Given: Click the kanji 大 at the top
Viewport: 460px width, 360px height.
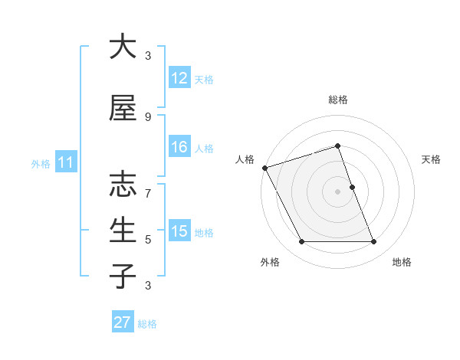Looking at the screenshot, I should [x=123, y=47].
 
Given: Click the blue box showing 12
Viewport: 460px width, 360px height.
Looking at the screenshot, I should [x=179, y=78].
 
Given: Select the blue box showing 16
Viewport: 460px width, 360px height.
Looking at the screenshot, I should [x=179, y=147].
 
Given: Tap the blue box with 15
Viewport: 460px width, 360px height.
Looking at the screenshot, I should [x=179, y=231].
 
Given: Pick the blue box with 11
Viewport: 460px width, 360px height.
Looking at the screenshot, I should [x=65, y=162].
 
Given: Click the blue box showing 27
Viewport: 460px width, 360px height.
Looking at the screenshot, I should [x=123, y=322].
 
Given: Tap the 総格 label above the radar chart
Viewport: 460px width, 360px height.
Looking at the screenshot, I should [x=338, y=100].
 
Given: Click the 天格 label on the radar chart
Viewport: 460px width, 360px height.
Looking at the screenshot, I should [x=431, y=159].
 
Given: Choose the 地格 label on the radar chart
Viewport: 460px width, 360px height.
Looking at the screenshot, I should [x=402, y=263].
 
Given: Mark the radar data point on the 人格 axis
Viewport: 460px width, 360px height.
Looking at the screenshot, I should [x=264, y=168].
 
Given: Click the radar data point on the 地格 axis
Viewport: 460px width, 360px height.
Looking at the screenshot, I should [x=374, y=242].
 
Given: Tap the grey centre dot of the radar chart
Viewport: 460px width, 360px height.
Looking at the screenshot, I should [x=338, y=191].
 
